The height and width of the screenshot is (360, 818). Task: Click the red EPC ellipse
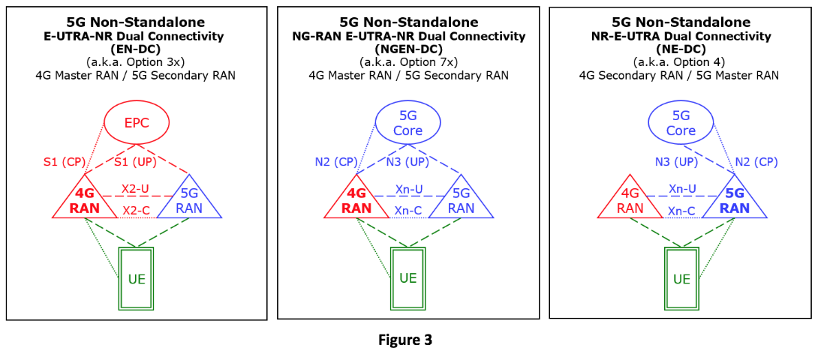point(137,122)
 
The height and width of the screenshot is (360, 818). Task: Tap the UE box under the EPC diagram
point(136,280)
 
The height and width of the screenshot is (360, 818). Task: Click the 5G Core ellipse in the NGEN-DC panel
point(407,123)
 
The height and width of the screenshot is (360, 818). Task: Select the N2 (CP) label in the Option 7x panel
point(336,161)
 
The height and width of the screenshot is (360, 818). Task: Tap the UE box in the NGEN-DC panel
point(407,278)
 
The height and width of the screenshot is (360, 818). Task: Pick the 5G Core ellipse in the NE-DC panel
point(681,123)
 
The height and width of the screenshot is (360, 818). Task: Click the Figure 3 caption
point(405,340)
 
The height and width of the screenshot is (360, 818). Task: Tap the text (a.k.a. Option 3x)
point(137,61)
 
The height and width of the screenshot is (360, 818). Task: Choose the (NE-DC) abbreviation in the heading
point(681,49)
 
